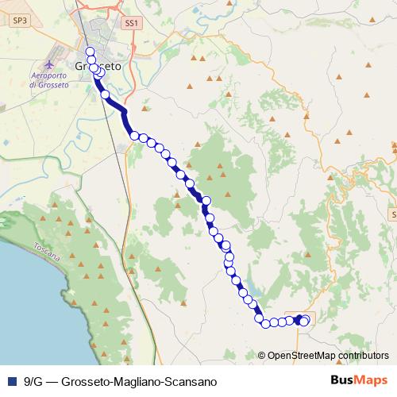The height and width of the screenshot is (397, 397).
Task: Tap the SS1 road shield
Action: (131, 25)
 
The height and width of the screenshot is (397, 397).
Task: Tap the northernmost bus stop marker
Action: (91, 52)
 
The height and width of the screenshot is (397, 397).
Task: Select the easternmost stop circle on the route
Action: (304, 320)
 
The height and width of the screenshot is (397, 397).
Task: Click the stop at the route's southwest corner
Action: (259, 319)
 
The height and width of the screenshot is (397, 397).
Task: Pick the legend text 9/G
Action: (34, 381)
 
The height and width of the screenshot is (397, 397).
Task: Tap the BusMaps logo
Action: (354, 380)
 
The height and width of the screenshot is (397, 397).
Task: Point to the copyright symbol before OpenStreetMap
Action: (262, 356)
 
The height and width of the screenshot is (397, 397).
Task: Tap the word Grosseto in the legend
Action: (87, 381)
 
